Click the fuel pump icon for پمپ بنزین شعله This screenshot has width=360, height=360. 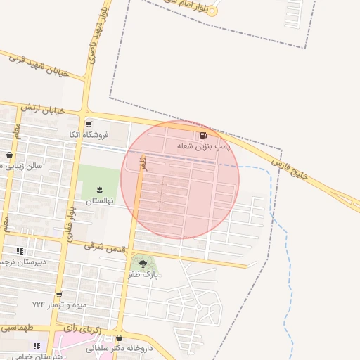click(204, 134)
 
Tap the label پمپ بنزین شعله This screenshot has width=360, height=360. click(204, 145)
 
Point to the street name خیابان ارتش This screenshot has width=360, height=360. click(43, 109)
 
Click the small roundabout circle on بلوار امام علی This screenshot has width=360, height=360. click(213, 11)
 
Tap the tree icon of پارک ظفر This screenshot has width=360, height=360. click(143, 263)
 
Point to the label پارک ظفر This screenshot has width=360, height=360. click(143, 274)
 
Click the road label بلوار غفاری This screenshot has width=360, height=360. click(70, 221)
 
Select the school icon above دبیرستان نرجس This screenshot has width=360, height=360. click(20, 251)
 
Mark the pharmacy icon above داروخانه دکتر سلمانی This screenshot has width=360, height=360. click(118, 338)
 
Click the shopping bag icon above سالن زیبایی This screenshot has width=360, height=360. click(8, 155)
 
